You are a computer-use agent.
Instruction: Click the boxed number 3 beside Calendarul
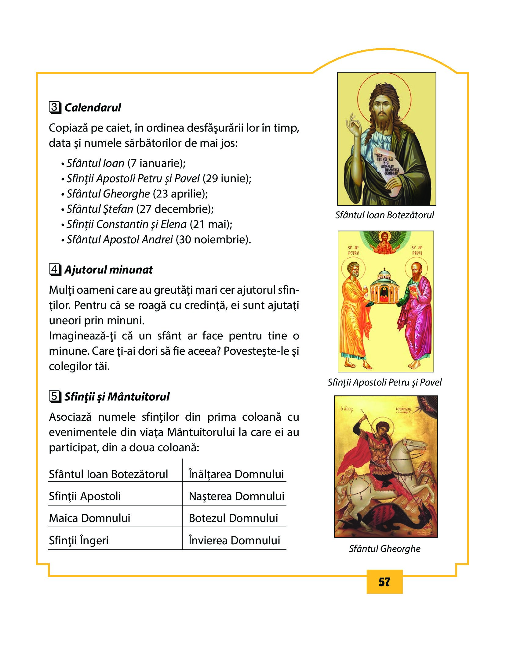(x=55, y=107)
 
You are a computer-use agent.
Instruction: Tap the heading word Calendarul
(x=93, y=108)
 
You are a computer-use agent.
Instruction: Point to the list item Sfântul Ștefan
(x=100, y=209)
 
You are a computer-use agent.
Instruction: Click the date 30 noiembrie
(x=213, y=240)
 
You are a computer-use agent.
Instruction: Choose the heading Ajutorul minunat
(x=108, y=270)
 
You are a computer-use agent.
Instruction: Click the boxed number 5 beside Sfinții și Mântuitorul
(x=55, y=397)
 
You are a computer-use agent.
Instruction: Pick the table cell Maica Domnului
(x=89, y=518)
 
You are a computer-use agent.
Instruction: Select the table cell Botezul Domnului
(x=233, y=518)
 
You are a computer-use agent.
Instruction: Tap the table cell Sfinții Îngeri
(x=79, y=541)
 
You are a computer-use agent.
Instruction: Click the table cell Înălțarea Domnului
(x=236, y=474)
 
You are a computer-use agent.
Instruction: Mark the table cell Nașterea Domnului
(x=236, y=496)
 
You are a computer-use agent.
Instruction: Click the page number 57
(x=384, y=582)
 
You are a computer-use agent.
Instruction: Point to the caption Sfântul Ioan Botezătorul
(x=384, y=215)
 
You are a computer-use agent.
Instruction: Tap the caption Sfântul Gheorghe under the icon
(x=384, y=549)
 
